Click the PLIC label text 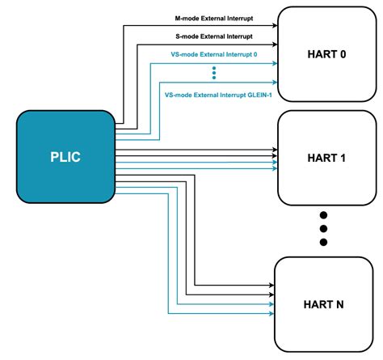pyautogui.click(x=65, y=155)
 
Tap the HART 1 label pyautogui.click(x=326, y=158)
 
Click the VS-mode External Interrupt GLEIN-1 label pyautogui.click(x=214, y=95)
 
